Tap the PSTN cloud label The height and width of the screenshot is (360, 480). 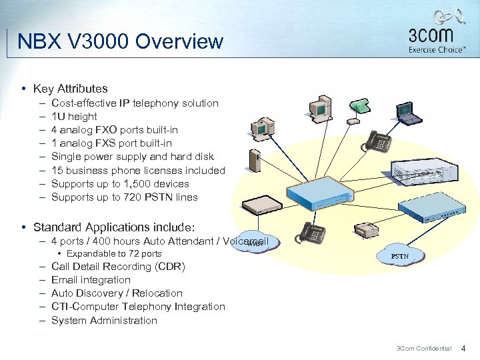pos(400,255)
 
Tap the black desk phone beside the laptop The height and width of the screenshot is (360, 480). pos(380,141)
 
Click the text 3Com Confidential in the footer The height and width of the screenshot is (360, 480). pos(424,348)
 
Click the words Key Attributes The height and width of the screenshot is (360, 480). pos(70,89)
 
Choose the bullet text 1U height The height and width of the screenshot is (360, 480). pos(74,117)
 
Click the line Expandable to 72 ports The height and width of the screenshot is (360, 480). pos(113,254)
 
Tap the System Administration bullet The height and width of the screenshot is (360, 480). pos(104,321)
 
